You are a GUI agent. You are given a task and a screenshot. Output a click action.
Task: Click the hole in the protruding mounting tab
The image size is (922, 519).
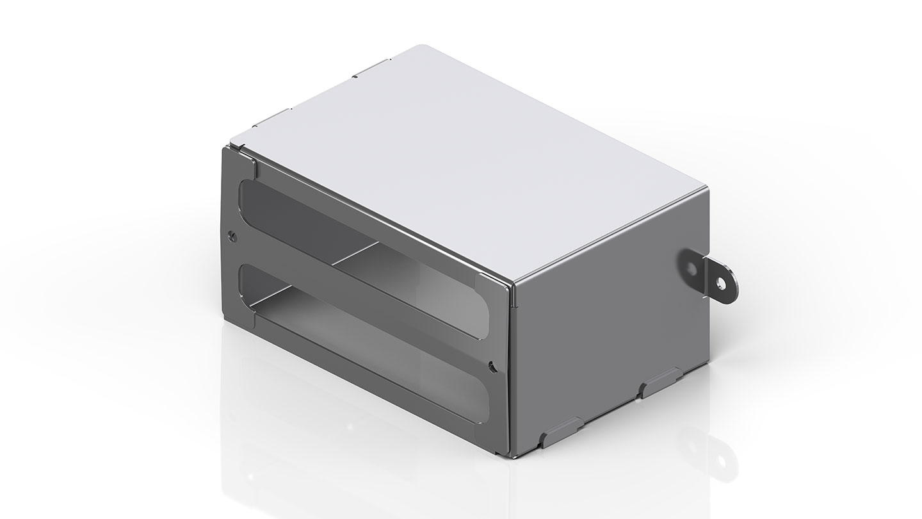tap(722, 282)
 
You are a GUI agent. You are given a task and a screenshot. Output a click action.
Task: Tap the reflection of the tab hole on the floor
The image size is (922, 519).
tap(723, 459)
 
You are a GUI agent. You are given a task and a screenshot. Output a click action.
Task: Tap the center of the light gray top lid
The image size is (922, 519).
tap(467, 160)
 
